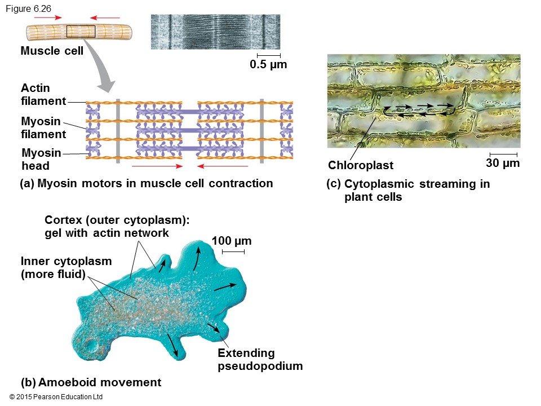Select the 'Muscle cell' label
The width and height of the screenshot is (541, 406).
(x=52, y=51)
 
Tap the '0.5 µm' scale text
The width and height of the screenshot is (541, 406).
(x=268, y=64)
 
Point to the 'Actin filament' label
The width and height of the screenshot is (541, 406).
(x=43, y=95)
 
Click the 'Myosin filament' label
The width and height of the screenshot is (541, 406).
(x=43, y=128)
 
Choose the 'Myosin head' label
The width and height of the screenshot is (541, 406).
(x=41, y=159)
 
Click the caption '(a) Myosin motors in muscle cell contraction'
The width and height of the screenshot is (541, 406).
(x=146, y=183)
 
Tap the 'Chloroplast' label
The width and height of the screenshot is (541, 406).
(x=361, y=165)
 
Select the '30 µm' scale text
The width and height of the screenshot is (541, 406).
(x=502, y=164)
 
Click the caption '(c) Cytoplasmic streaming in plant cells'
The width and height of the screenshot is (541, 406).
(x=408, y=191)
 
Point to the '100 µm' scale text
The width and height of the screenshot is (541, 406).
(x=232, y=241)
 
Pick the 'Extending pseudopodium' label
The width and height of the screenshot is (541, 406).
(x=260, y=360)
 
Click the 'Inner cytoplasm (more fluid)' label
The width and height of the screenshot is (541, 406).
(x=66, y=268)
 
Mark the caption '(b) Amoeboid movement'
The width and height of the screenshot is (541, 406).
(x=91, y=382)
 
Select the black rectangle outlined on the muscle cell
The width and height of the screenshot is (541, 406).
(x=81, y=32)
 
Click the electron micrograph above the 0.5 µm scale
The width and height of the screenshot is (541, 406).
(x=216, y=32)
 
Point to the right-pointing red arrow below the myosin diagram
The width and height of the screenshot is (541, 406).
(x=157, y=166)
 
